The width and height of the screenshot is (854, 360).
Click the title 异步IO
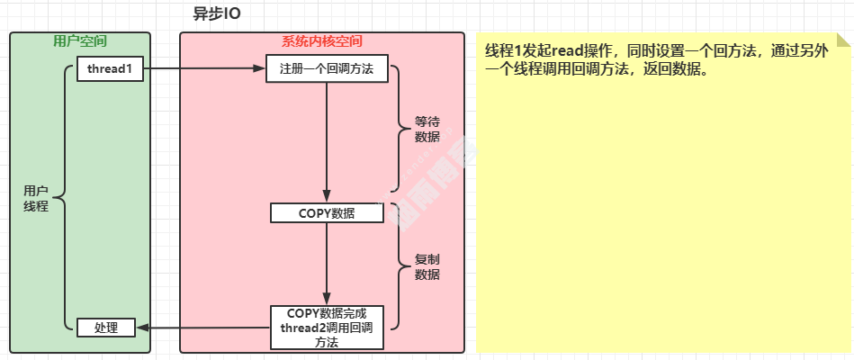217,14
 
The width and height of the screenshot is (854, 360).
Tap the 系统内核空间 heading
321,41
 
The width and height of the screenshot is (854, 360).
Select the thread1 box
110,69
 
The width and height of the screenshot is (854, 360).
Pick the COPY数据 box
327,213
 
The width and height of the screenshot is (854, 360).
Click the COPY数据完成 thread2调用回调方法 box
327,328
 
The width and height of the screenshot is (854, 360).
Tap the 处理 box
105,328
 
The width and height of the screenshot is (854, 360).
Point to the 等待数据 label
427,130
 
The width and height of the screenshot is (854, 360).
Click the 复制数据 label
427,267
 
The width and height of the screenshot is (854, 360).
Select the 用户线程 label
36,198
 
